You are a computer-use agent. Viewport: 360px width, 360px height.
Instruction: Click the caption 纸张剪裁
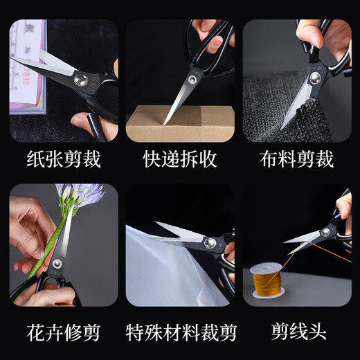[64, 160]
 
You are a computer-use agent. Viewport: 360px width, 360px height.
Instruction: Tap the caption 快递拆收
[180, 160]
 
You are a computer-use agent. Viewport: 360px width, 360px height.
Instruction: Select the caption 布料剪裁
[296, 160]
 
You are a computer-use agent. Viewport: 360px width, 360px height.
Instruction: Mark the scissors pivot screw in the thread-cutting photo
[325, 233]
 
